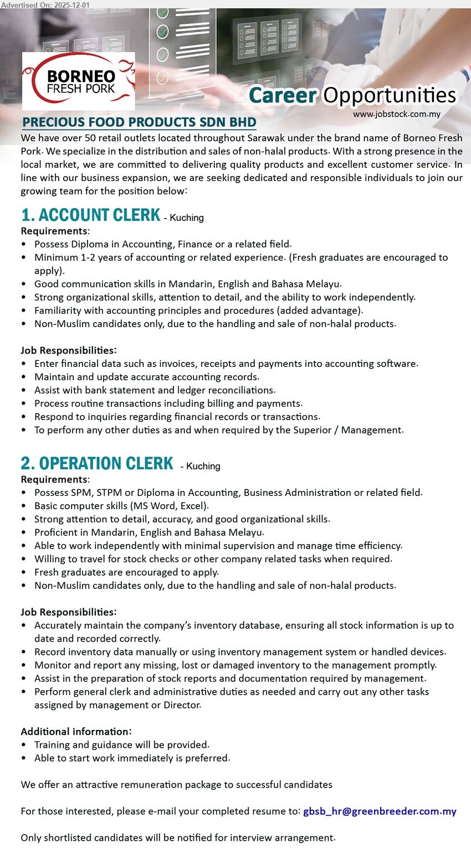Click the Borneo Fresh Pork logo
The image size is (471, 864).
[x=79, y=81]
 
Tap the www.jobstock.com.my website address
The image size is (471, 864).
[x=396, y=114]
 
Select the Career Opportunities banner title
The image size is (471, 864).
[x=352, y=95]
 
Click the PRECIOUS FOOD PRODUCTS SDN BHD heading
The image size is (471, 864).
[x=139, y=122]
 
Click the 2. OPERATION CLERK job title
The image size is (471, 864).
[x=97, y=463]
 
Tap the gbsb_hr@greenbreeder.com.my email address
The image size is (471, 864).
[x=380, y=811]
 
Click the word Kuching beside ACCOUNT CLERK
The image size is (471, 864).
[x=187, y=218]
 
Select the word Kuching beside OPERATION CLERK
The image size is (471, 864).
[x=203, y=466]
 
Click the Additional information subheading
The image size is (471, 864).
[x=76, y=731]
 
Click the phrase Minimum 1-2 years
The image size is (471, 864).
[x=69, y=257]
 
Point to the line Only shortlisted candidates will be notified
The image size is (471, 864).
[x=177, y=837]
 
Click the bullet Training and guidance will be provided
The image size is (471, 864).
[x=121, y=744]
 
